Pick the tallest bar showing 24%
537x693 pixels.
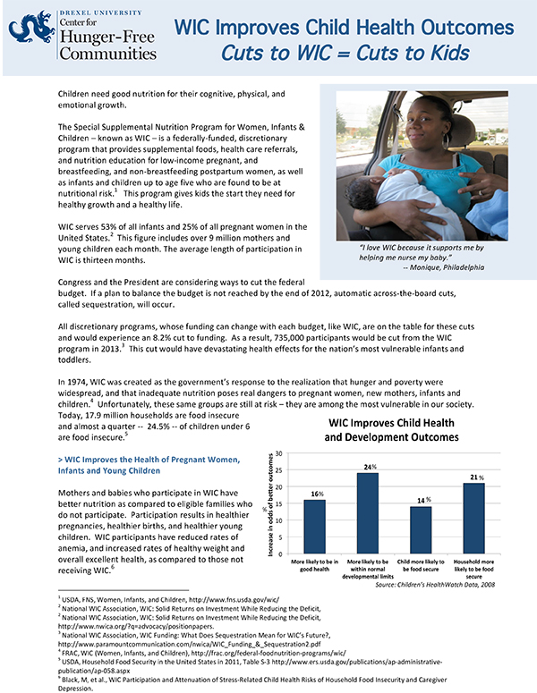[367, 512]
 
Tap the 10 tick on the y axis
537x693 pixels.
[278, 520]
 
